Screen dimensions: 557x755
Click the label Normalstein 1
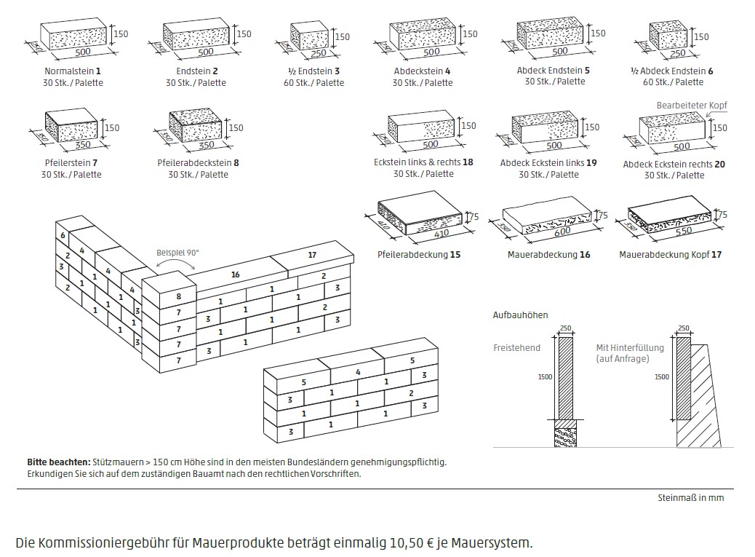point(73,71)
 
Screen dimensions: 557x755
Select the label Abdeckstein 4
point(423,71)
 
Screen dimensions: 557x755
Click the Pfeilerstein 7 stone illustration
point(71,127)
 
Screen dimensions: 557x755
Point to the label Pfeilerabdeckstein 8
point(198,162)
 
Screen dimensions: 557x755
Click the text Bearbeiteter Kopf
point(691,105)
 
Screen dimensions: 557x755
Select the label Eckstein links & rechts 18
point(423,162)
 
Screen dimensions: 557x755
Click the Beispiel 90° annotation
point(177,253)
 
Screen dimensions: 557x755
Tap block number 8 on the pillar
point(179,296)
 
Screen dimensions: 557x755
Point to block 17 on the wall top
point(312,255)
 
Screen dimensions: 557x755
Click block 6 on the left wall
point(63,235)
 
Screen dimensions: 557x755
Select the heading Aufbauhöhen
point(521,315)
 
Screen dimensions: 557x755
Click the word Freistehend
point(516,347)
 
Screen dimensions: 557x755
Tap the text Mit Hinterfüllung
point(630,347)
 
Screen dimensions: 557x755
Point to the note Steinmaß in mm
point(691,498)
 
